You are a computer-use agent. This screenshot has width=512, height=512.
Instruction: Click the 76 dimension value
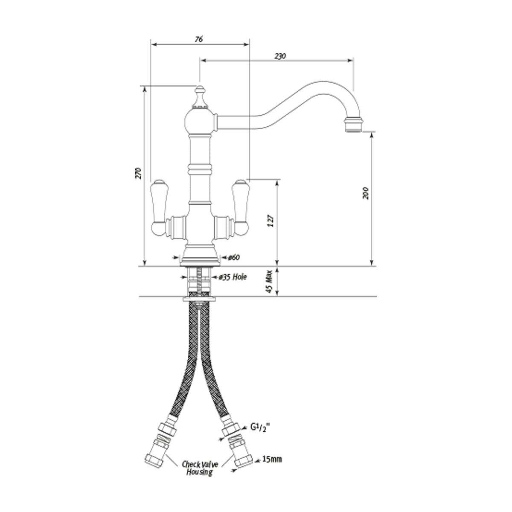pyautogui.click(x=199, y=39)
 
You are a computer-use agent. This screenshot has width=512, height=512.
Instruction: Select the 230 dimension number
pyautogui.click(x=280, y=56)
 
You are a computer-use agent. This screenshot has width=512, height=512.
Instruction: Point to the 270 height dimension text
pyautogui.click(x=139, y=173)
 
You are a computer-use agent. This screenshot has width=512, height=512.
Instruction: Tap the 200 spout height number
pyautogui.click(x=366, y=193)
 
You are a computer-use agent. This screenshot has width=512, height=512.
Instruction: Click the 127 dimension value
pyautogui.click(x=271, y=221)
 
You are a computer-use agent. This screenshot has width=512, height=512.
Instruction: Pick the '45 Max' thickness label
pyautogui.click(x=269, y=282)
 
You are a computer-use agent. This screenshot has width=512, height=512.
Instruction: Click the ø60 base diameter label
pyautogui.click(x=234, y=257)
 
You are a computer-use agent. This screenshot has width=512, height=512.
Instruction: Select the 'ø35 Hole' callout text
pyautogui.click(x=233, y=277)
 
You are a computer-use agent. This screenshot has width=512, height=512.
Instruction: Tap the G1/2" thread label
pyautogui.click(x=260, y=435)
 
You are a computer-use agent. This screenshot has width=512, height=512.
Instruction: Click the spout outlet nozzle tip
pyautogui.click(x=353, y=124)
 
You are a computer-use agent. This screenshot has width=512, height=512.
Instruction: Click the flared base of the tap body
pyautogui.click(x=200, y=255)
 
